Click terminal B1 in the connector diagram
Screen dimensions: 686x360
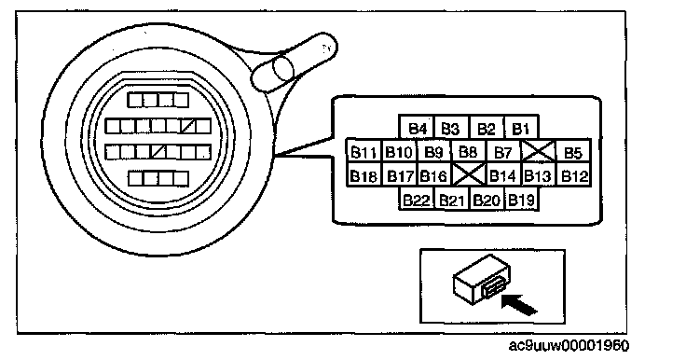[521, 128]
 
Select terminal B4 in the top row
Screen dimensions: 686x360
[417, 128]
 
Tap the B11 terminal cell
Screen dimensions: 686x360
[364, 151]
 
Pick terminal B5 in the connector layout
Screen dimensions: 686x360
[573, 151]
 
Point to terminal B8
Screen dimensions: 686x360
[469, 151]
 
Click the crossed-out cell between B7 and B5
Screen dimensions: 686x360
[539, 151]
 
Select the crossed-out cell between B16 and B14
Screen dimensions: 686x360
[469, 174]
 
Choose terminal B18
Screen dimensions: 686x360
[364, 175]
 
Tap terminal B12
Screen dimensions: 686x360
[573, 175]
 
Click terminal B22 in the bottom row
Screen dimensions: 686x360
[417, 199]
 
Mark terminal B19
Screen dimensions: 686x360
[521, 199]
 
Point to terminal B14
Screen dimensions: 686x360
[503, 175]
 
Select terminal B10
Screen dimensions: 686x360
[399, 151]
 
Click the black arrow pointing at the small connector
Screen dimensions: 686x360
[519, 304]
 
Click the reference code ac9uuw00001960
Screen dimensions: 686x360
[569, 346]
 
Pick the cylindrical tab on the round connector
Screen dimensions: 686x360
[295, 62]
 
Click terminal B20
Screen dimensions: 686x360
[487, 199]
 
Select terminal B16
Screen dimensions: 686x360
[433, 175]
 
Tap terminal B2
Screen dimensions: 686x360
[486, 128]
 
